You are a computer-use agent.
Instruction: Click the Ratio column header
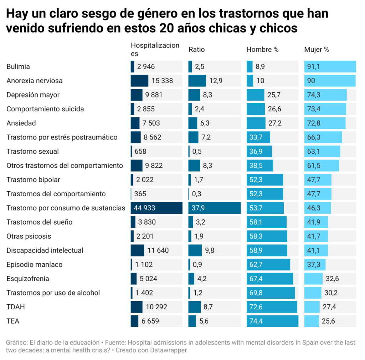pyautogui.click(x=196, y=50)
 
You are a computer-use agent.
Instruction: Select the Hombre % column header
pyautogui.click(x=262, y=50)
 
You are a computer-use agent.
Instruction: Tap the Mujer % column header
pyautogui.click(x=317, y=50)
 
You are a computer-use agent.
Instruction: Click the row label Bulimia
pyautogui.click(x=18, y=67)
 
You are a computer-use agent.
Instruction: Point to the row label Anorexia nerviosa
pyautogui.click(x=35, y=81)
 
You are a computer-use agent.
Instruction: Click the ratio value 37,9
pyautogui.click(x=198, y=208)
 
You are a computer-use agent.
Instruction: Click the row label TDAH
pyautogui.click(x=16, y=307)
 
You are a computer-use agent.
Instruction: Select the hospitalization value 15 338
pyautogui.click(x=162, y=81)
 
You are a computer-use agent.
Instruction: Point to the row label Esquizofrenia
pyautogui.click(x=28, y=279)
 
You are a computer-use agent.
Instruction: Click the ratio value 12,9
pyautogui.click(x=216, y=81)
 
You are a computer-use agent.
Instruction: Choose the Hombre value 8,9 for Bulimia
pyautogui.click(x=260, y=67)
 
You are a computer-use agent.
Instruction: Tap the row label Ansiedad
pyautogui.click(x=21, y=123)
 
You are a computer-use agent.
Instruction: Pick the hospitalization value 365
pyautogui.click(x=140, y=194)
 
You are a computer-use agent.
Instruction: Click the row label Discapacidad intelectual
pyautogui.click(x=45, y=250)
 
